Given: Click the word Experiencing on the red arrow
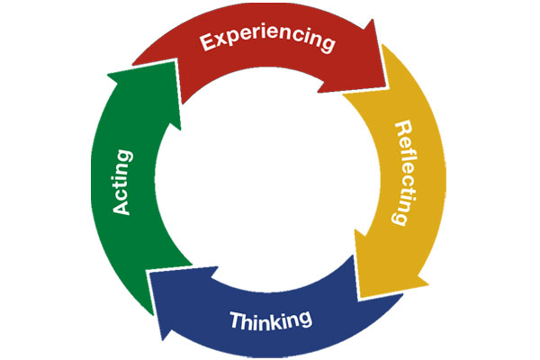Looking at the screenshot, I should tap(267, 42).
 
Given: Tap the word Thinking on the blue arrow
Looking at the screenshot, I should tap(270, 319).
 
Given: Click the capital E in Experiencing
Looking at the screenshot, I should tap(206, 42).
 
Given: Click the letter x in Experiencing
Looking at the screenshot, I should tap(219, 42).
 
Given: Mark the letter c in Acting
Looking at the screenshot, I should tap(124, 196).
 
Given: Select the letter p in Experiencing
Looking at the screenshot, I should tap(231, 44).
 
